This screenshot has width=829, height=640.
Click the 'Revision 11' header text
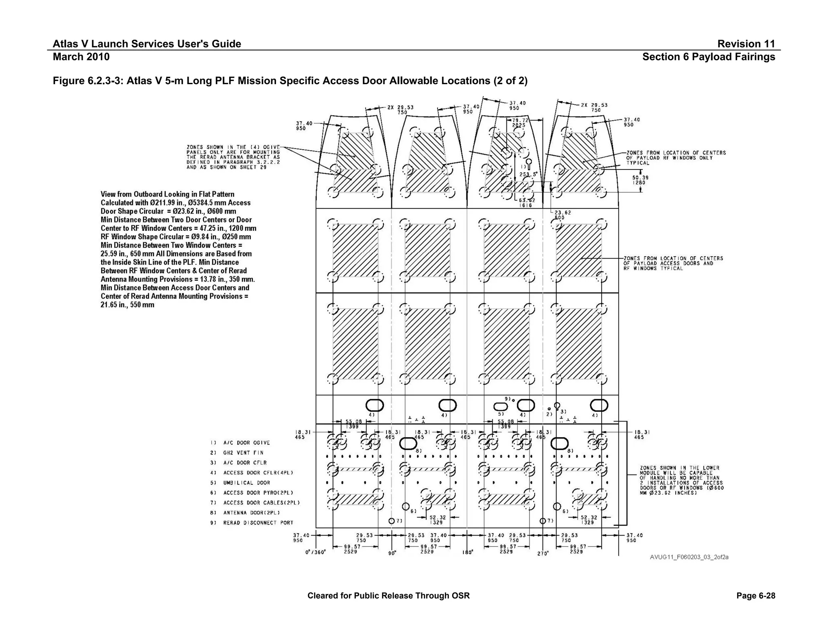pos(746,44)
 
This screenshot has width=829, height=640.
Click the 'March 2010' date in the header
pos(81,57)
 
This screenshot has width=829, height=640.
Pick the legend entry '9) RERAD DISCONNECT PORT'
pos(251,523)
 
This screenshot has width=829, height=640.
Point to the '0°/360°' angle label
pos(315,552)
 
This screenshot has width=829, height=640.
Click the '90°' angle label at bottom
pos(392,553)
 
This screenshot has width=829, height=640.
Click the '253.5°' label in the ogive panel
pos(528,174)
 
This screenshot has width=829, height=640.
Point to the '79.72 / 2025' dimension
pos(519,123)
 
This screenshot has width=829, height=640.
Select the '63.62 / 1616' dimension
pos(527,203)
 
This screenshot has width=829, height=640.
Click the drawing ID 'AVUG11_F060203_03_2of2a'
pos(689,557)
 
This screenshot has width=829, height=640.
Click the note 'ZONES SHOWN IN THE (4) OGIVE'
pos(233,157)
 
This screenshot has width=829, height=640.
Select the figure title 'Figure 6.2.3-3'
pos(290,81)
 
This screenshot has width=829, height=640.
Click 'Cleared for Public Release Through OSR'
pos(388,595)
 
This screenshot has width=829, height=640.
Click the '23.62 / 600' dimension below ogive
pos(562,215)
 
